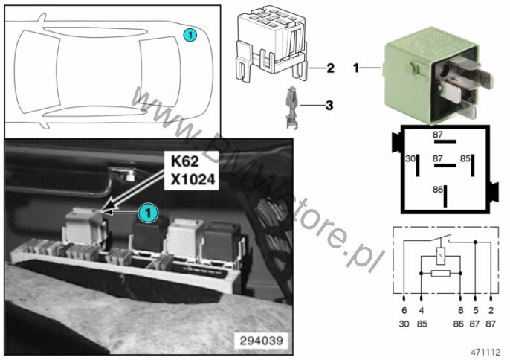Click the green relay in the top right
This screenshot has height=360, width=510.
pos(437,76)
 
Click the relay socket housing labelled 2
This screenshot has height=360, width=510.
pos(271,43)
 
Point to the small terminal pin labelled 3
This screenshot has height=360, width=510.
pos(291,107)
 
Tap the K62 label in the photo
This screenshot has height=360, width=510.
pos(184,161)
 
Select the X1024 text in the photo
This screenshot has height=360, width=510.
pos(193,179)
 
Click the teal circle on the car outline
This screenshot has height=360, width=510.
pos(190,35)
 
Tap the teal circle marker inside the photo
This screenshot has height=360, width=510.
pos(149,213)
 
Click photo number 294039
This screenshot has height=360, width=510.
pos(261,341)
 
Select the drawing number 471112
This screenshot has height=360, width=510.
pos(485,352)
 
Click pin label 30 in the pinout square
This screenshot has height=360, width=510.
pos(410,159)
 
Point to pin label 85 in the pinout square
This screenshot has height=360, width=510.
pos(465,158)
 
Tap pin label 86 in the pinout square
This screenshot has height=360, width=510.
pos(437,190)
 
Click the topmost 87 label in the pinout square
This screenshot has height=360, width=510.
pos(437,135)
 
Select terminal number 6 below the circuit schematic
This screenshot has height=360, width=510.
pos(404,310)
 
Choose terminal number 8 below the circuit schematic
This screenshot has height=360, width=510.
pos(460,310)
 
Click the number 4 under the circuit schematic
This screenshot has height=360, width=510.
pos(422,310)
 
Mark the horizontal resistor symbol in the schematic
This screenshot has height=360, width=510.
pos(440,274)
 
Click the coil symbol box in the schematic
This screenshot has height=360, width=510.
pos(441,256)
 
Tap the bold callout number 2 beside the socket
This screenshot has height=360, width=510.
pos(330,68)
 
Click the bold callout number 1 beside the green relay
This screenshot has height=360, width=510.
pos(356,68)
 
